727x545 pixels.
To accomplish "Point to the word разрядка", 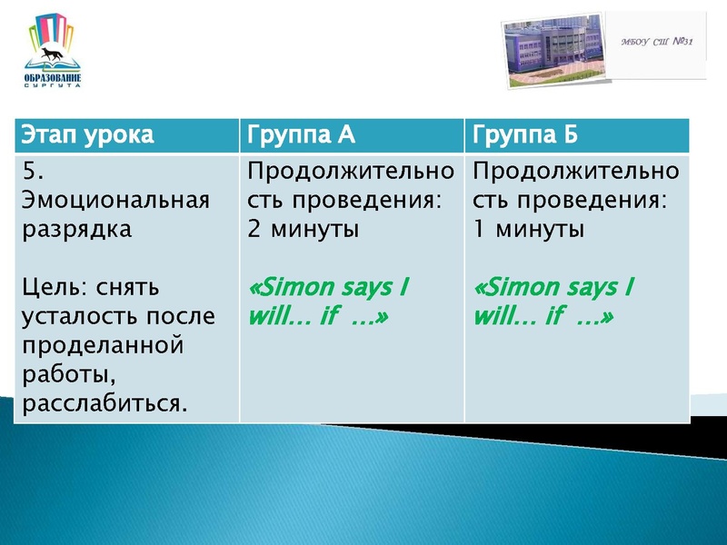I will coord(75,228).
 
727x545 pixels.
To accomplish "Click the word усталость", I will coord(78,317).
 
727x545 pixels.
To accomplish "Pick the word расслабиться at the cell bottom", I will coord(103,402).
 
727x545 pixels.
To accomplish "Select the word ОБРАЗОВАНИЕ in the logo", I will coord(53,77).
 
